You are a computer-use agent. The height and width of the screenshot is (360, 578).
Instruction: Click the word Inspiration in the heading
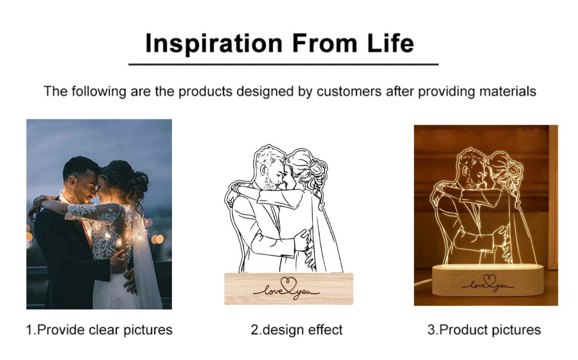tap(214, 44)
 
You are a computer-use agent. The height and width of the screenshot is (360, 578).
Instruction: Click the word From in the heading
tap(325, 43)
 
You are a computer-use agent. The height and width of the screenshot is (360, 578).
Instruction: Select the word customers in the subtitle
tap(349, 91)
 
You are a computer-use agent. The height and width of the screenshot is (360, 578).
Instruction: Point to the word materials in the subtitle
tap(508, 91)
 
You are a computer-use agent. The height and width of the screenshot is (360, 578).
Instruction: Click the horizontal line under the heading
tap(283, 64)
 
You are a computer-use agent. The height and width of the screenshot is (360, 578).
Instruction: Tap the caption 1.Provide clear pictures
tap(99, 330)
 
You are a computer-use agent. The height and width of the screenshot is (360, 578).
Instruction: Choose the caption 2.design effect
tap(297, 330)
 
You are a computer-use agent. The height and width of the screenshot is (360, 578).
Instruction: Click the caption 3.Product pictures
tap(484, 330)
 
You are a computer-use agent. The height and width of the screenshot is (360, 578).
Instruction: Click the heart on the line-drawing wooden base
tap(288, 283)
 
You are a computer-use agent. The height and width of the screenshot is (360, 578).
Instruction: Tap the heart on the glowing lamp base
tap(489, 280)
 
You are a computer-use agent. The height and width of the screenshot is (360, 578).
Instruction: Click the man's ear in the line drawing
tap(263, 170)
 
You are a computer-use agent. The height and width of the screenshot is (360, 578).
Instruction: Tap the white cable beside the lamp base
tap(424, 283)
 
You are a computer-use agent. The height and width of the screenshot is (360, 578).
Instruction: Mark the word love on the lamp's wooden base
tap(477, 285)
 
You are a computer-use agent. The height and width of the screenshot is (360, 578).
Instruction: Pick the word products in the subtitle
tap(205, 91)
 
